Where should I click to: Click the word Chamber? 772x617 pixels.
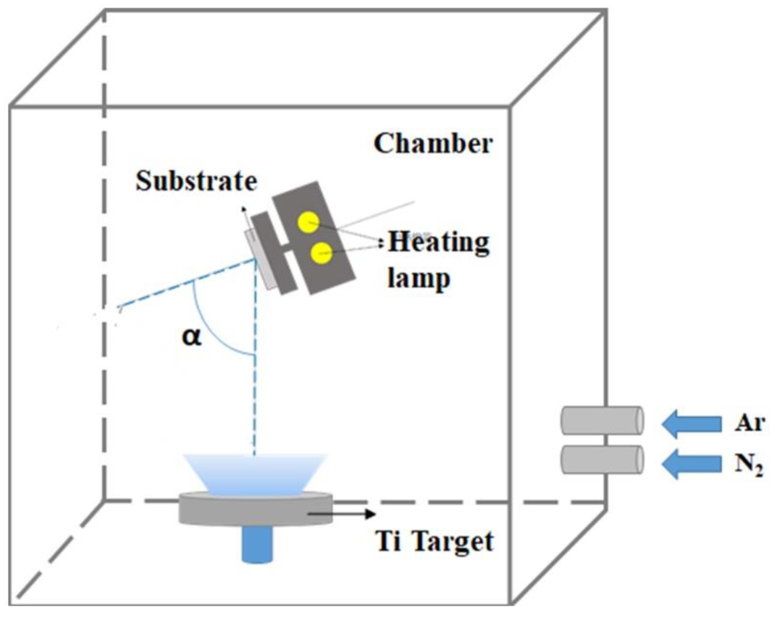(433, 144)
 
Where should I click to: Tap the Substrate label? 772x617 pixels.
(196, 181)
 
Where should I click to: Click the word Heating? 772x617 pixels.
(439, 243)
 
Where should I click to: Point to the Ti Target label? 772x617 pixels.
(434, 542)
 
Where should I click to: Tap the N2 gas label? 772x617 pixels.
(748, 465)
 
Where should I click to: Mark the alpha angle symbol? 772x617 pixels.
(192, 337)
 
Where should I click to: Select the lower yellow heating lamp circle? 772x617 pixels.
(321, 253)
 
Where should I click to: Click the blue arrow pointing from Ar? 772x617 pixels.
(691, 424)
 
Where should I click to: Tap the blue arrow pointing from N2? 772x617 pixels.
(691, 464)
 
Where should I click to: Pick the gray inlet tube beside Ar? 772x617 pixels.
(601, 420)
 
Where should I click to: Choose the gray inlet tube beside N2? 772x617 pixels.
(601, 460)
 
